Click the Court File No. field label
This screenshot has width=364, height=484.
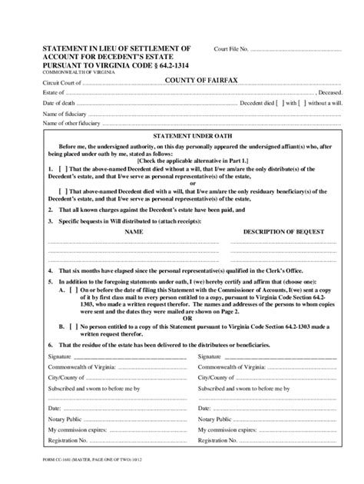click(232, 51)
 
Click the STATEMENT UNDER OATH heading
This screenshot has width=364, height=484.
click(182, 134)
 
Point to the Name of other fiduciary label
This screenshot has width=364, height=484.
click(71, 122)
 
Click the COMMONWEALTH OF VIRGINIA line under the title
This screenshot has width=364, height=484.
click(76, 72)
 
